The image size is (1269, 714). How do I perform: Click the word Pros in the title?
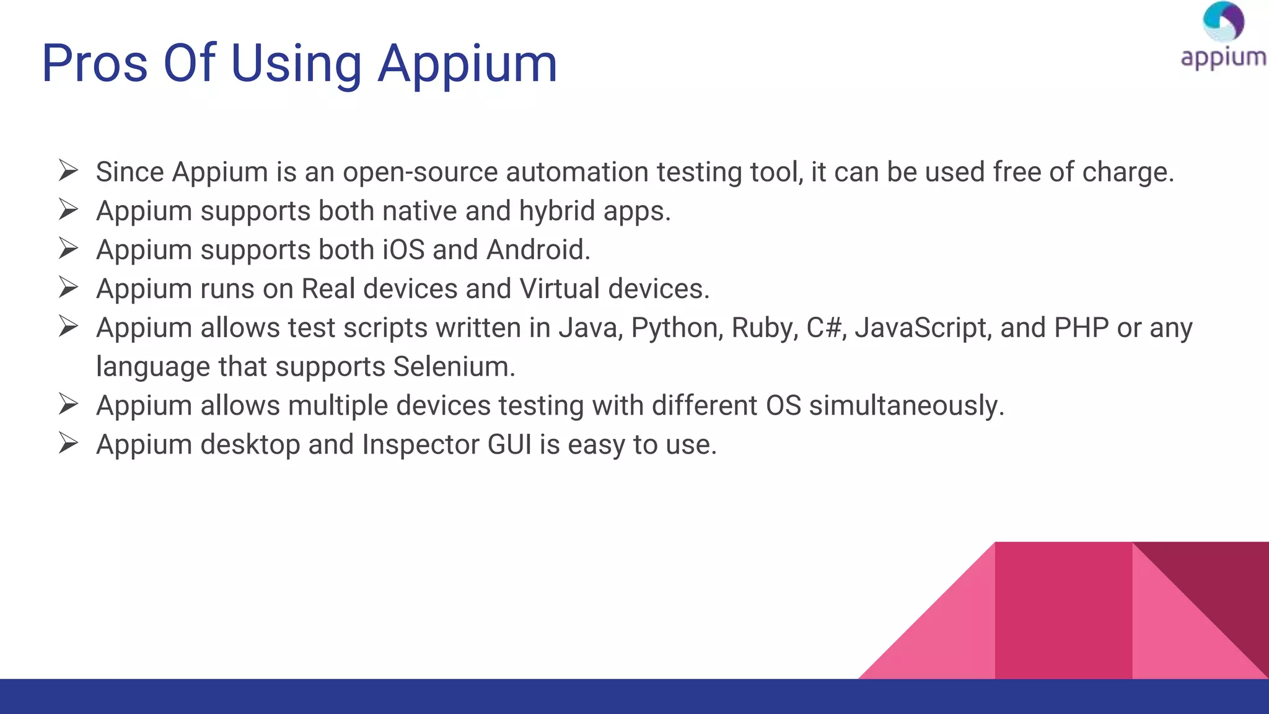point(94,63)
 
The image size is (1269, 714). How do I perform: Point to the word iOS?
point(403,250)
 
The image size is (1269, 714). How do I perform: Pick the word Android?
point(538,250)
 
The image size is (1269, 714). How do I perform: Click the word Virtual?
point(560,289)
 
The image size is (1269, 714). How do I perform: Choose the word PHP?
point(1081,328)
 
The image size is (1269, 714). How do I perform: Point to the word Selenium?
point(454,367)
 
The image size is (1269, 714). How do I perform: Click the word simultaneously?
point(906,406)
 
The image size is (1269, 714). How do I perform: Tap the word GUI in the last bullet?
point(509,444)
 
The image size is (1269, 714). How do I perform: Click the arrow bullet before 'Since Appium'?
point(68,170)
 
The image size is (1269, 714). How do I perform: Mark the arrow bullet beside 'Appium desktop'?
point(68,443)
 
